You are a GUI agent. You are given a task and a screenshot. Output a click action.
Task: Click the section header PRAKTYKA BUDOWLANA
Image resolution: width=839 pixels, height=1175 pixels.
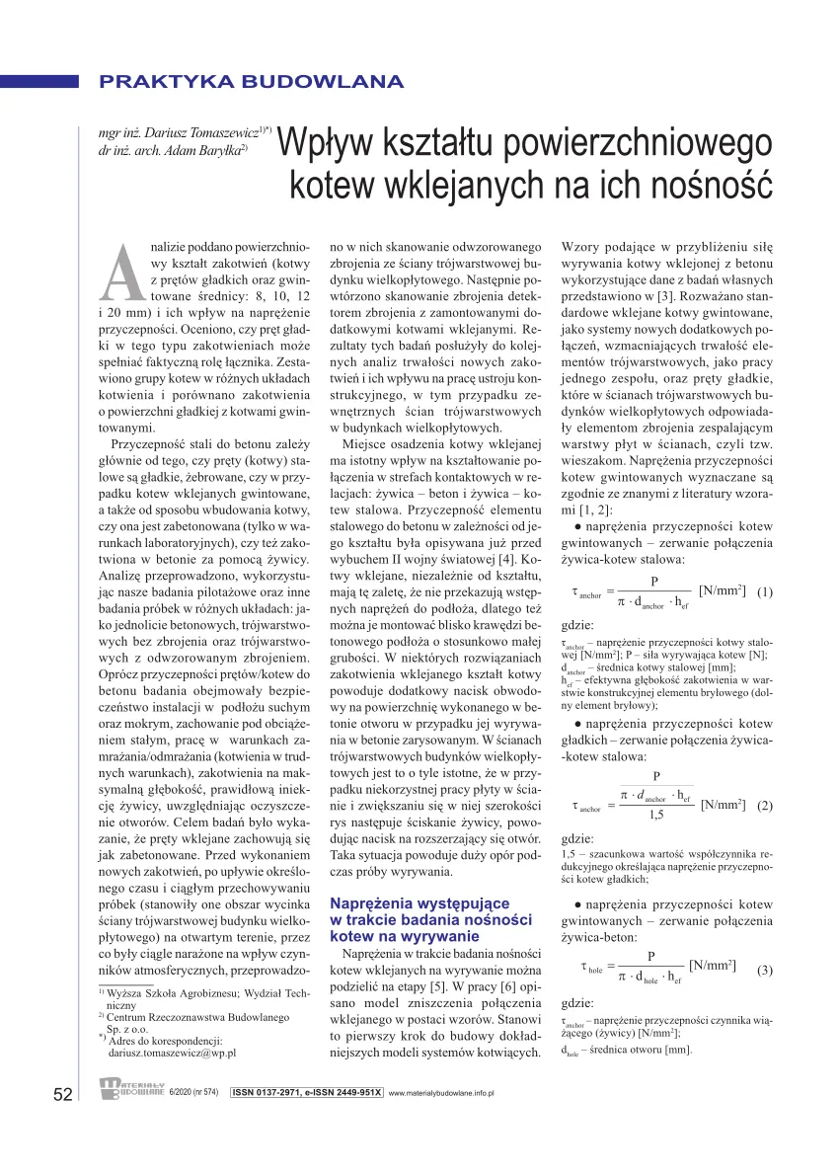pyautogui.click(x=251, y=82)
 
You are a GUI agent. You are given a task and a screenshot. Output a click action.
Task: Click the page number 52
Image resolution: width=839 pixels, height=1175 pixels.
pyautogui.click(x=62, y=1094)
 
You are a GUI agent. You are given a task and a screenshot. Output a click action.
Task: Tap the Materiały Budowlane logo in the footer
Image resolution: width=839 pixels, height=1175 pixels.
pyautogui.click(x=131, y=1089)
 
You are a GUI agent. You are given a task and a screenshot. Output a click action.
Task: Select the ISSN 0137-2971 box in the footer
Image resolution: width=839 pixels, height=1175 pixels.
pyautogui.click(x=306, y=1093)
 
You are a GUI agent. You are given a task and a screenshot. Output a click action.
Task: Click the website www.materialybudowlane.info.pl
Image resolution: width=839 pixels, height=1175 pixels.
pyautogui.click(x=441, y=1094)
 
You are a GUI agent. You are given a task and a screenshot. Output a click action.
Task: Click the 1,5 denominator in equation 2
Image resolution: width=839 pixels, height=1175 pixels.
pyautogui.click(x=655, y=816)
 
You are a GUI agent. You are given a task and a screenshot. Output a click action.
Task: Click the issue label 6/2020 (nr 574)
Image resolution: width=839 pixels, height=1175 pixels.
pyautogui.click(x=196, y=1093)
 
